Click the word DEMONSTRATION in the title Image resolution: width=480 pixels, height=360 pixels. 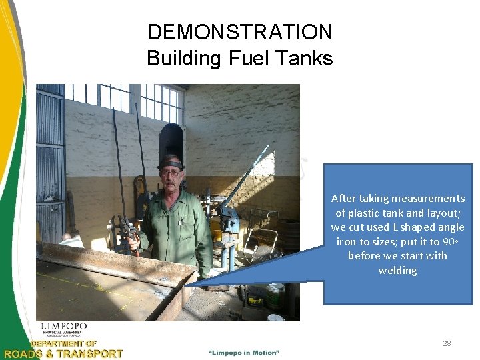tap(239, 32)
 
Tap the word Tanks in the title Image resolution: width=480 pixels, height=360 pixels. tap(307, 59)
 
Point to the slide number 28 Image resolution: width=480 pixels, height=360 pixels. tap(447, 343)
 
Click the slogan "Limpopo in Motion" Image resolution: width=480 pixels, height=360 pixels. tap(244, 352)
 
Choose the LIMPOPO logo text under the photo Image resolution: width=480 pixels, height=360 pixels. tap(63, 327)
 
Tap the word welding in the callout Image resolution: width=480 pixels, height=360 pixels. tap(397, 271)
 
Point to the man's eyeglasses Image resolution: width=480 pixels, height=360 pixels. tap(171, 173)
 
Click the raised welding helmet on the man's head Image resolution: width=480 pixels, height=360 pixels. tap(171, 162)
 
